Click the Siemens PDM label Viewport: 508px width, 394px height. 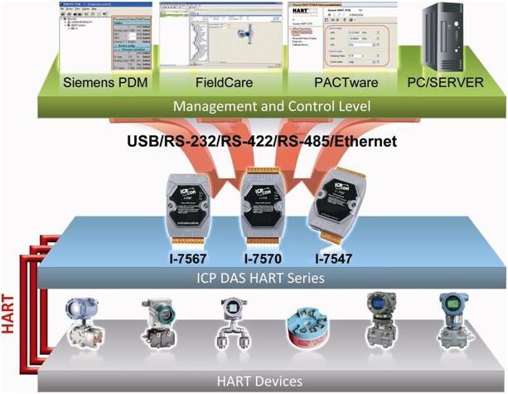(101, 83)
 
